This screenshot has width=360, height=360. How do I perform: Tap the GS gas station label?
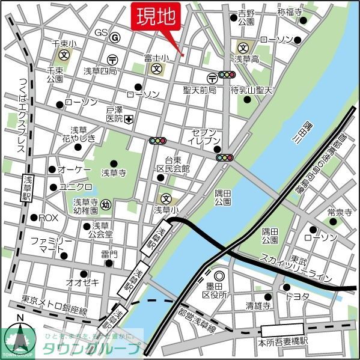(101, 32)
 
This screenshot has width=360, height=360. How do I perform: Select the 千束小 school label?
(64, 44)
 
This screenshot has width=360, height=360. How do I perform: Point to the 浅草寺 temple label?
(113, 172)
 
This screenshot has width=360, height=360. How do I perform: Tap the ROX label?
(49, 217)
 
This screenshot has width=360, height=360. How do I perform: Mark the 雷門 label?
(109, 254)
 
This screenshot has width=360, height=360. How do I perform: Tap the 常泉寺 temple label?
(340, 212)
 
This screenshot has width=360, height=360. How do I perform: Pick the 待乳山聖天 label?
(252, 90)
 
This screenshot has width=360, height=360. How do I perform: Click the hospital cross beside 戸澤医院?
(129, 119)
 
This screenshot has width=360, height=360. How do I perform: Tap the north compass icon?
(20, 337)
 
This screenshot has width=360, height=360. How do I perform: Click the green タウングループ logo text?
(91, 348)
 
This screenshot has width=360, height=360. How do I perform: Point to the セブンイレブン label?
(207, 136)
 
